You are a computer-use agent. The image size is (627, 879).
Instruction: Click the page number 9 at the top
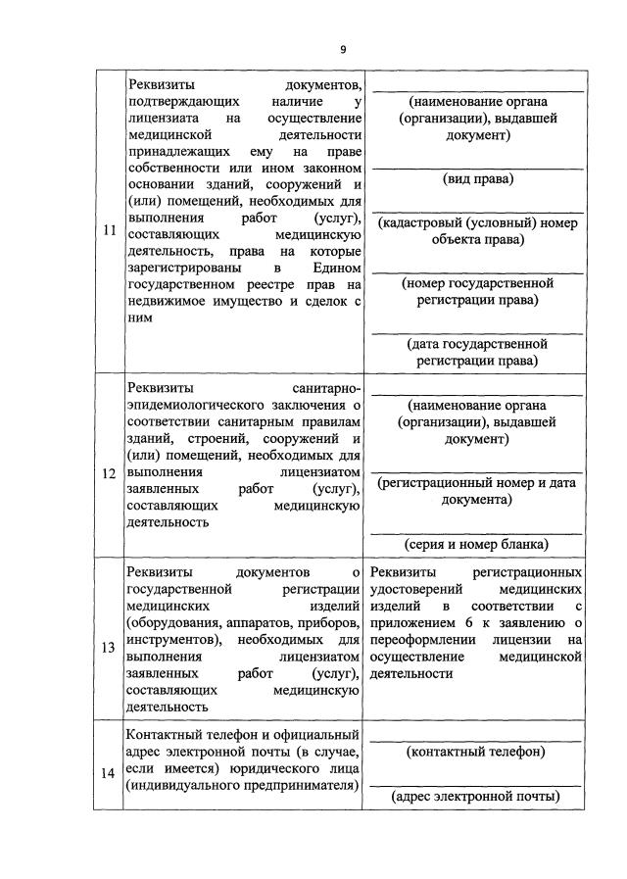pyautogui.click(x=343, y=50)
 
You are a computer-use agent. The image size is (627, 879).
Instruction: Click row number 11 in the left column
pyautogui.click(x=109, y=231)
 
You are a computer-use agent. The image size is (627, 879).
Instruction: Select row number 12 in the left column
pyautogui.click(x=109, y=473)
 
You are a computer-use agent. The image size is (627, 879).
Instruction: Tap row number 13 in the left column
pyautogui.click(x=109, y=647)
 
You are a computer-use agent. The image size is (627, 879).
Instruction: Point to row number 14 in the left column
pyautogui.click(x=109, y=770)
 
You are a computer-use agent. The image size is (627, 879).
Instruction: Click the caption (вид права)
pyautogui.click(x=478, y=179)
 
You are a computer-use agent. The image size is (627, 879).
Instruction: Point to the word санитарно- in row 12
pyautogui.click(x=328, y=388)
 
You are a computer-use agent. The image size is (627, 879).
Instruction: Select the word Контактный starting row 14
pyautogui.click(x=165, y=735)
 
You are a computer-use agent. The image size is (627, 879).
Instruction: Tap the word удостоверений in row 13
pyautogui.click(x=417, y=589)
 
